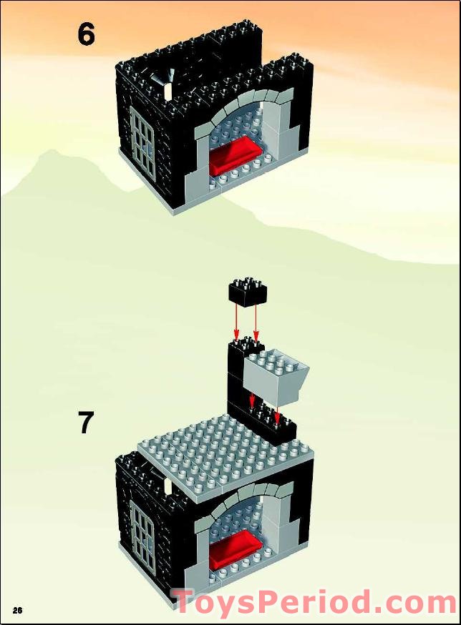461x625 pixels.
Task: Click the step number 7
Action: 85,423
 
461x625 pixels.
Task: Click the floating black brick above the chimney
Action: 248,293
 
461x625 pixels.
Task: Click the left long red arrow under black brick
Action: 237,322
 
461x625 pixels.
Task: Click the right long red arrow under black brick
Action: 256,322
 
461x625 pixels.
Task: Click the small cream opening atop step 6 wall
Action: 168,90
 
